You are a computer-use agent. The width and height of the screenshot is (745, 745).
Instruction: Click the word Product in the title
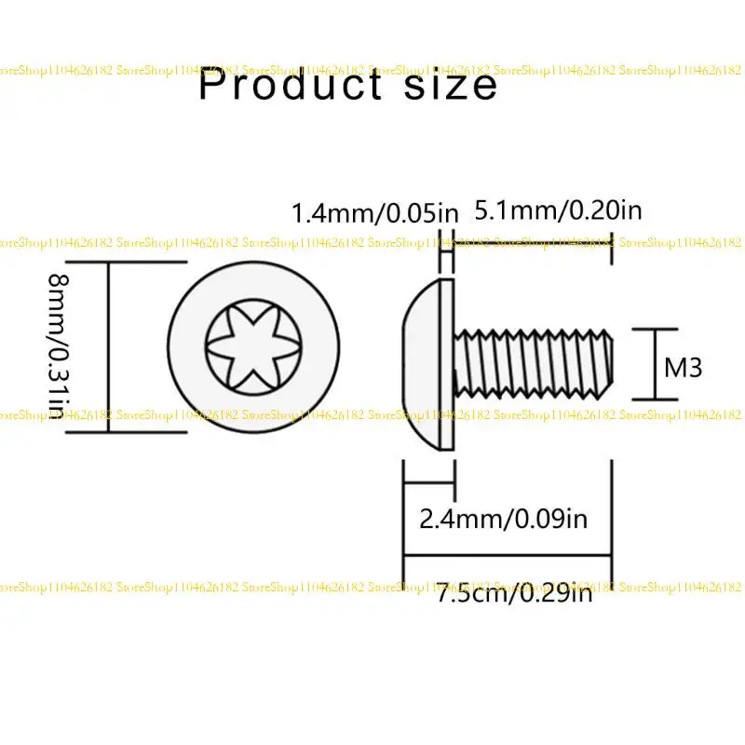287,86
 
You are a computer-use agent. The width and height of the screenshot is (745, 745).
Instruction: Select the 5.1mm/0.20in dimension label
558,210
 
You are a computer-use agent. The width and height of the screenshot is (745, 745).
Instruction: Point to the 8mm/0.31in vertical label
59,345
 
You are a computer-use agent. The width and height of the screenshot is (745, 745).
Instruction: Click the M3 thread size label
683,367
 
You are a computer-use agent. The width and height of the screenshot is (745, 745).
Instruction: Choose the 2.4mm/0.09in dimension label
504,519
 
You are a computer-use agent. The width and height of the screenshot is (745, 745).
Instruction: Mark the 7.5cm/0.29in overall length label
515,592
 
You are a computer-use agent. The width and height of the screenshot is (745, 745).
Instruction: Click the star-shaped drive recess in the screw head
250,346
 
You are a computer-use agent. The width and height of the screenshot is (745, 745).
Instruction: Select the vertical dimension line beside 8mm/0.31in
109,346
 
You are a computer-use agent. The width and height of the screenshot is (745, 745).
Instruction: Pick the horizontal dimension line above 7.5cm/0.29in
508,557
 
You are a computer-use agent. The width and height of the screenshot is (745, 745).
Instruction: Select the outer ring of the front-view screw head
186,346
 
